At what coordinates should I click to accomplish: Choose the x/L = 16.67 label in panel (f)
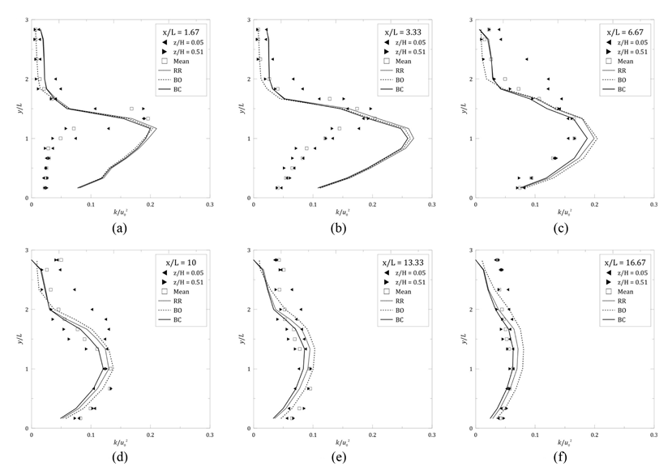point(627,263)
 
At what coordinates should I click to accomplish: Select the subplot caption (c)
point(564,228)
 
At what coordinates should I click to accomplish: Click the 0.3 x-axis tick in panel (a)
point(209,205)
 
